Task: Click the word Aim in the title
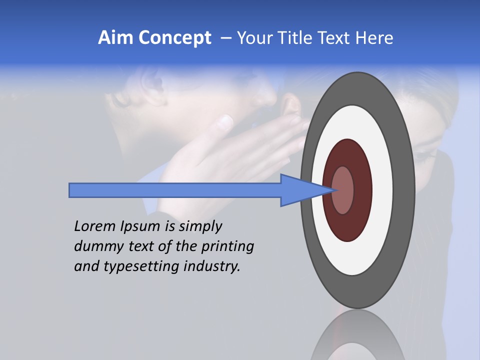pyautogui.click(x=114, y=38)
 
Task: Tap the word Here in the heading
pyautogui.click(x=374, y=38)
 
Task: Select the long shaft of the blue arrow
pyautogui.click(x=175, y=190)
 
